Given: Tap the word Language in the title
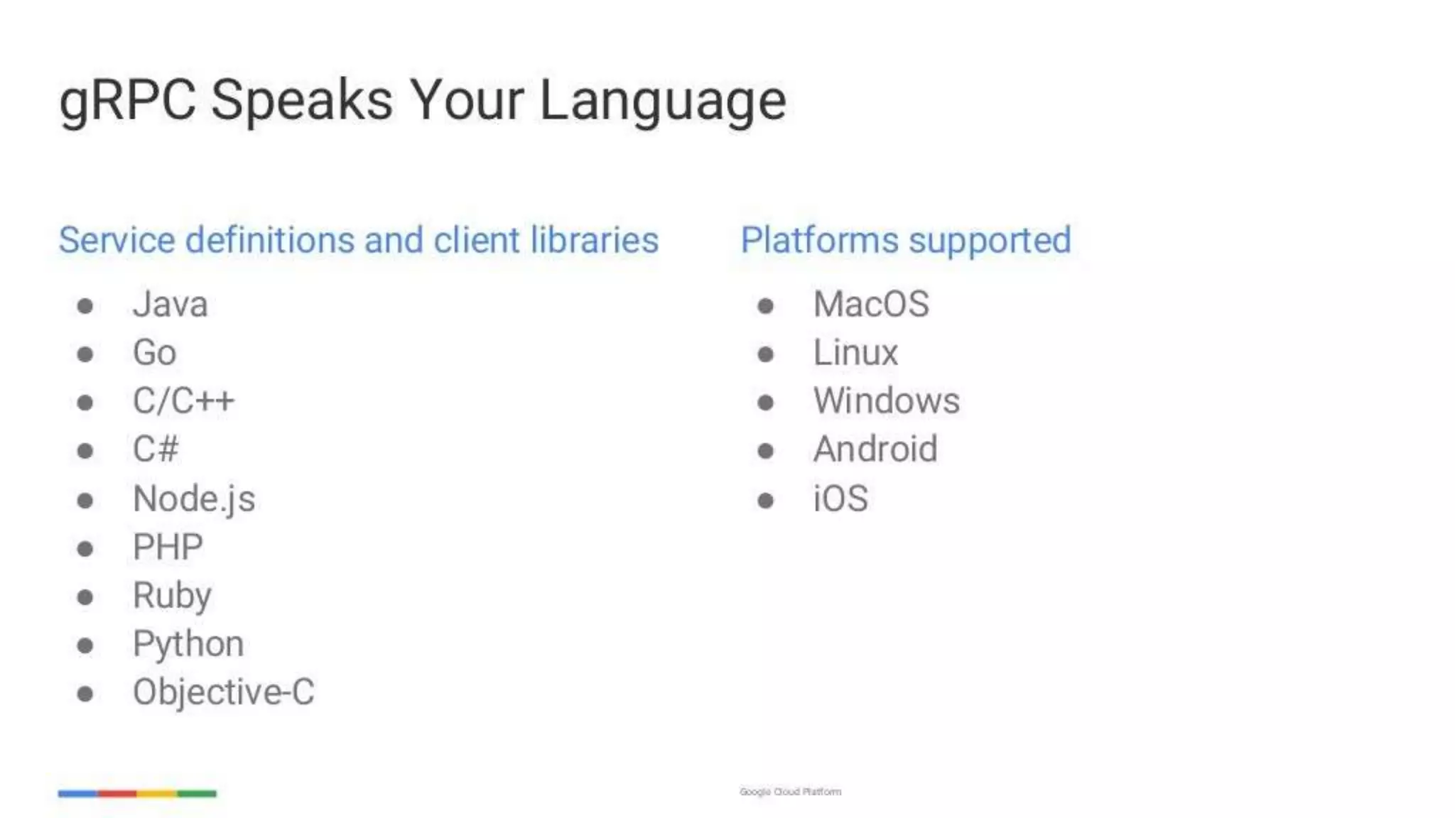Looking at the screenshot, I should pos(662,101).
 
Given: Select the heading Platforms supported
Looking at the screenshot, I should pos(906,240).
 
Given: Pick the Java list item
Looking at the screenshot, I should pos(171,305).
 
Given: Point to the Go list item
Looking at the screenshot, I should pos(154,353).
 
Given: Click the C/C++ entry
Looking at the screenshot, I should pos(183,401).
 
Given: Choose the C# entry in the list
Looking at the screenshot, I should pos(156,449).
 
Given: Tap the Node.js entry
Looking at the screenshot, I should pos(194,498).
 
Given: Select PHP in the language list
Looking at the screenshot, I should pos(168,547).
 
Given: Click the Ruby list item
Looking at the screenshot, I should pos(172,596).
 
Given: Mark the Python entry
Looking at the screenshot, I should pos(188,644).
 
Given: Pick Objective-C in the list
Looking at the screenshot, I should pos(223,692).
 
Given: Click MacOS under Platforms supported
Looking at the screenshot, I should pos(871,305).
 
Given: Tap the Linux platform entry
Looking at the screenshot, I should pos(855,353).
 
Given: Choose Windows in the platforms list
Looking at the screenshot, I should pos(887,401).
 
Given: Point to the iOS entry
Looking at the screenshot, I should pos(840,498).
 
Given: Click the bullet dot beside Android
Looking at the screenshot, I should pos(765,451).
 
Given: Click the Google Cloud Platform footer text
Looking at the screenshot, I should pos(790,792).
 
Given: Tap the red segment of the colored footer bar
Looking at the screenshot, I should pos(117,793).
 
